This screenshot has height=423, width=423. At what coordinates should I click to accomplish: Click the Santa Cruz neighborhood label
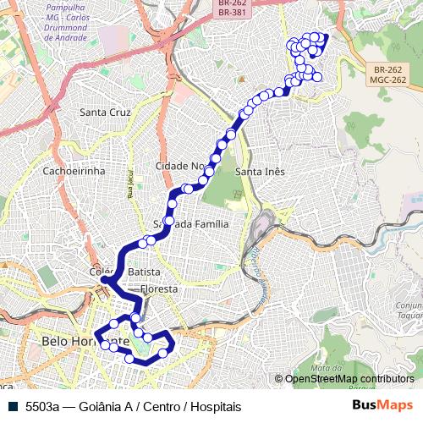click(x=104, y=112)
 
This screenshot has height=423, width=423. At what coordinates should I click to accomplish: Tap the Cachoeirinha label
click(x=73, y=170)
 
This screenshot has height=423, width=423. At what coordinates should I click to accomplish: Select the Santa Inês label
click(x=260, y=171)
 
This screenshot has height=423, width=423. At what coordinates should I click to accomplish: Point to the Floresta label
click(x=159, y=288)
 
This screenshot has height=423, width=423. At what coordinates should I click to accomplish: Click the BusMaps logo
click(x=383, y=405)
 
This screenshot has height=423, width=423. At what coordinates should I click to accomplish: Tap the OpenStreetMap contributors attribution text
click(x=349, y=379)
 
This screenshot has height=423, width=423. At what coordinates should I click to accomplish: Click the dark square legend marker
click(x=13, y=406)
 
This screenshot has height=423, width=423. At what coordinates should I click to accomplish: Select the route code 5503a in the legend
click(x=41, y=406)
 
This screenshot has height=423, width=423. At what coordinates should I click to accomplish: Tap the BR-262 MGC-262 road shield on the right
click(x=388, y=75)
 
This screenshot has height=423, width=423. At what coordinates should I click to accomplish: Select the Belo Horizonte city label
click(x=83, y=342)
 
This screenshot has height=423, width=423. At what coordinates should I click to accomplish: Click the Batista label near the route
click(x=145, y=272)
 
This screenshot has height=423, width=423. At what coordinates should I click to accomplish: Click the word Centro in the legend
click(x=160, y=406)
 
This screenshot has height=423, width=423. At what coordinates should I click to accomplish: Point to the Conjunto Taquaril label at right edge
click(x=409, y=311)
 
